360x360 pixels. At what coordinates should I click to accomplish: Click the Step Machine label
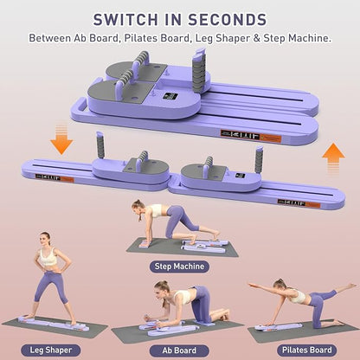[x=177, y=267]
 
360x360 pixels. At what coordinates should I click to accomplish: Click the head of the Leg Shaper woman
[x=44, y=239]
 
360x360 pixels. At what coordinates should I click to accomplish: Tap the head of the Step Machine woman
[x=137, y=207]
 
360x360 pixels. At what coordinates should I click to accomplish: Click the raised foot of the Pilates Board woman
[x=350, y=285]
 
